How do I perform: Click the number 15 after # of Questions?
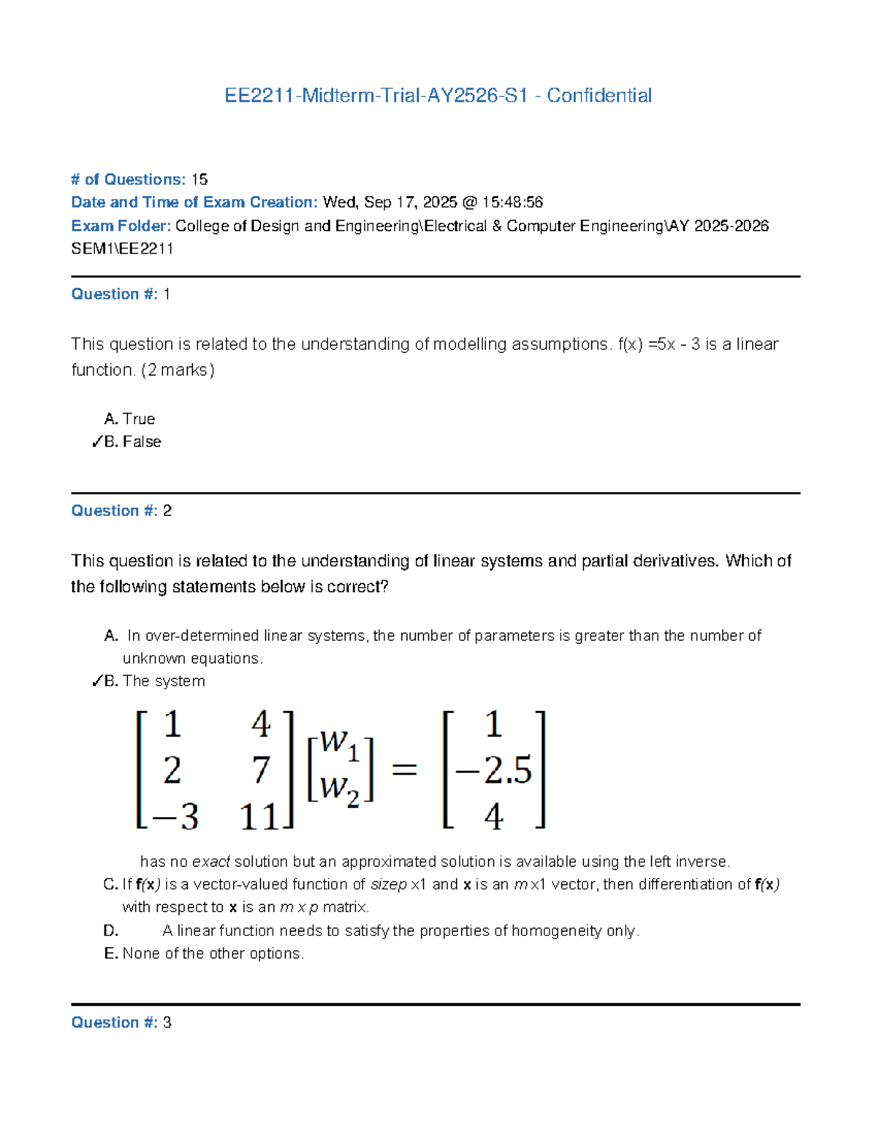(x=199, y=180)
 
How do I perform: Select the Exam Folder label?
(x=121, y=226)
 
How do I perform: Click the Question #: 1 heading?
(x=120, y=295)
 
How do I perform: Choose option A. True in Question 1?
(x=130, y=419)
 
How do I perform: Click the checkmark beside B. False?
(x=96, y=442)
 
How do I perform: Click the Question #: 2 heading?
(x=121, y=511)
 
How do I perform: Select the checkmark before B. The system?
(x=96, y=681)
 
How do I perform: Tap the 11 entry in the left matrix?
(x=259, y=816)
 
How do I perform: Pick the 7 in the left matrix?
(x=261, y=770)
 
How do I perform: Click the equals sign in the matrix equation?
(x=405, y=770)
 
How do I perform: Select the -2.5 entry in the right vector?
(x=493, y=770)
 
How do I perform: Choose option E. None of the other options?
(x=205, y=954)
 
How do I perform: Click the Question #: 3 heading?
(x=121, y=1022)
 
